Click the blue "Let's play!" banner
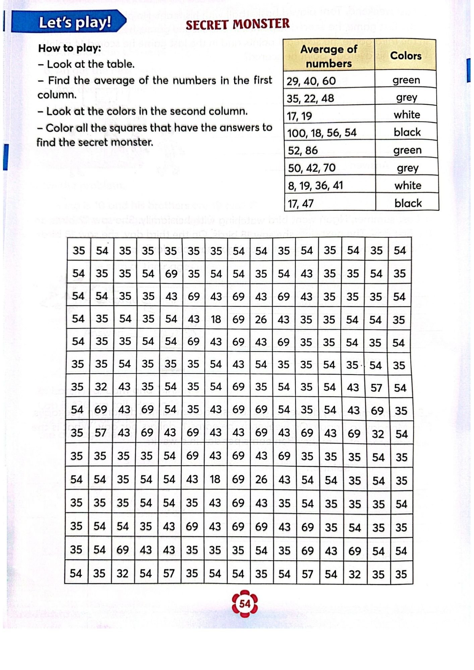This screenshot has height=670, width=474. [69, 22]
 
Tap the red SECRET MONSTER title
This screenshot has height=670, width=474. [237, 24]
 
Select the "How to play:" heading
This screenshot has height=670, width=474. [69, 48]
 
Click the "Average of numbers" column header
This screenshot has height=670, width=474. [329, 56]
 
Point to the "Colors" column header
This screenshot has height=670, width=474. [406, 56]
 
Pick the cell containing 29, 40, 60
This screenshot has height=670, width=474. [329, 81]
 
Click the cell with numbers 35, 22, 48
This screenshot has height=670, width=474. [329, 98]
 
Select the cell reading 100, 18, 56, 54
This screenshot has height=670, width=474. [329, 133]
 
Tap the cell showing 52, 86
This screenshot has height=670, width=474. [330, 150]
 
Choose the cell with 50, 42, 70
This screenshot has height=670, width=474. [330, 167]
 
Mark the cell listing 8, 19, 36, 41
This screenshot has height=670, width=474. [330, 185]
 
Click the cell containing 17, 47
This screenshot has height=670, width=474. [330, 203]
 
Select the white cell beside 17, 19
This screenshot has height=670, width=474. [407, 115]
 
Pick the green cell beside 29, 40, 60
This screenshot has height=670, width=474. [406, 80]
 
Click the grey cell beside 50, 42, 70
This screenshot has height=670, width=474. [408, 167]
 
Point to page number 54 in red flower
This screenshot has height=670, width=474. [245, 604]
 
